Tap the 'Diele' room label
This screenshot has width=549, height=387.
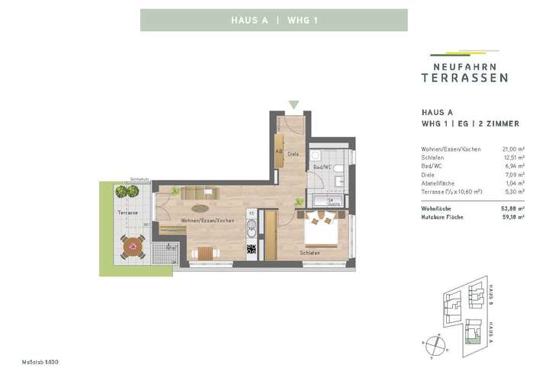click(291, 152)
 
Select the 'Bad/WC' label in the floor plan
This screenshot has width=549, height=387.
click(320, 167)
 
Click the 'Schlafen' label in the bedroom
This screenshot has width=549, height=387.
click(309, 252)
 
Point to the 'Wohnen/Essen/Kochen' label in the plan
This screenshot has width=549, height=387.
click(207, 220)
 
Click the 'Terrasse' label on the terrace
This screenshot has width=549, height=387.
click(127, 213)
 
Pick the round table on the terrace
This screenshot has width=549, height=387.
click(134, 246)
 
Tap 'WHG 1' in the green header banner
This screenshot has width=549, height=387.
click(302, 21)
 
